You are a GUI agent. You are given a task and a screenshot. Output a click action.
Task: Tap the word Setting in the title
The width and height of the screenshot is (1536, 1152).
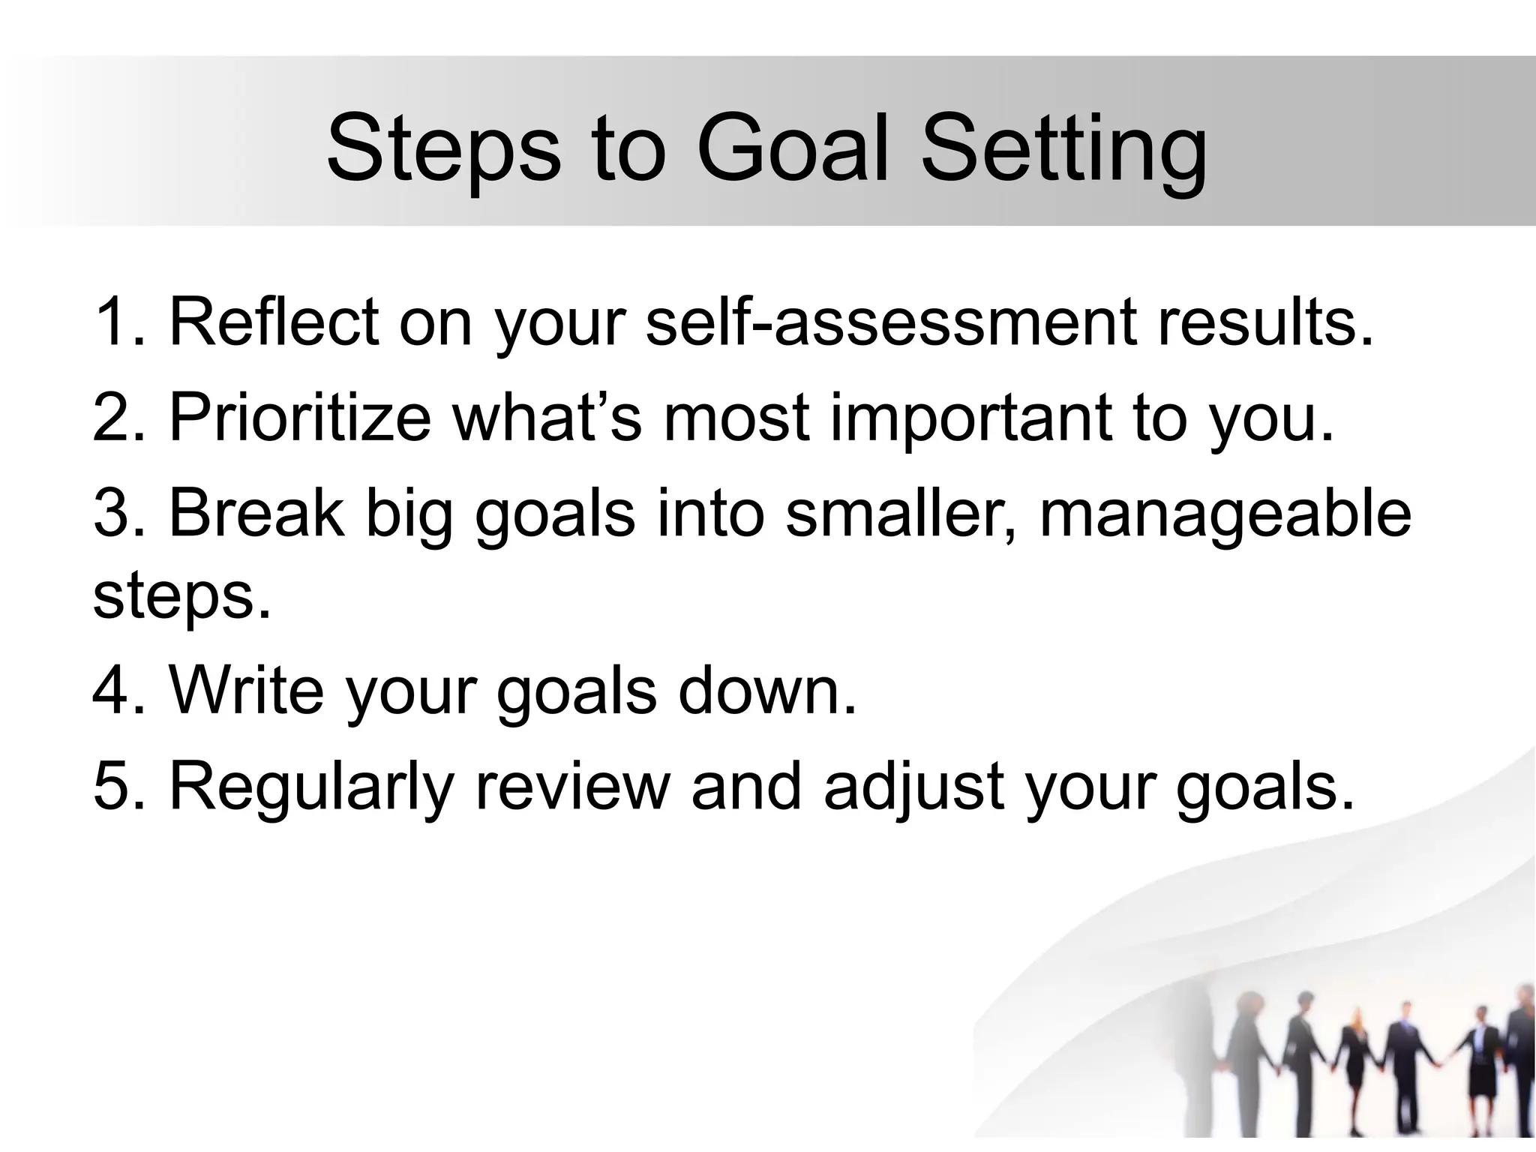pos(1063,150)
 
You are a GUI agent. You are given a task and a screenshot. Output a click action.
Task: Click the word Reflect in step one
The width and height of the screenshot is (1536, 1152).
pos(274,322)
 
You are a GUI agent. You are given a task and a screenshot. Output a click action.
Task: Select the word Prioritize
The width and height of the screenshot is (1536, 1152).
pos(300,418)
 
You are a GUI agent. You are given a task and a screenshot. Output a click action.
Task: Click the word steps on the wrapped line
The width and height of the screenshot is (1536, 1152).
pos(180,598)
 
